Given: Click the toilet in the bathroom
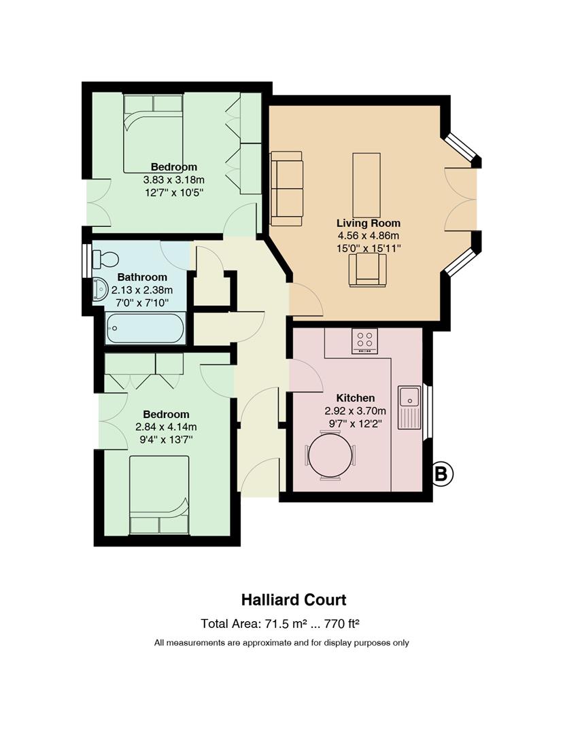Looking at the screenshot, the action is tap(105, 259).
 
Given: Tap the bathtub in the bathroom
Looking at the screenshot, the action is tap(146, 328).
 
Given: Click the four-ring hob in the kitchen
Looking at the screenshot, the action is tap(365, 340).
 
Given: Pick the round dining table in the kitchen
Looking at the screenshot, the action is tap(330, 455).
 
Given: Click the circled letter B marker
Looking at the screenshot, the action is tap(442, 474).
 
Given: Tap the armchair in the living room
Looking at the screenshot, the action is tap(368, 270).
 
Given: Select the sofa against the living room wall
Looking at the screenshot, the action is tap(286, 189).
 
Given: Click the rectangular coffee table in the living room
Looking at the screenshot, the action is tap(366, 185).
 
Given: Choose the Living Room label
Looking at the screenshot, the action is tap(369, 224).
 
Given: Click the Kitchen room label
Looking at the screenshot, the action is tap(356, 398).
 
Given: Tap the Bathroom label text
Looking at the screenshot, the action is tap(142, 277).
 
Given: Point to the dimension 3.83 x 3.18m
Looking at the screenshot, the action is tap(174, 179).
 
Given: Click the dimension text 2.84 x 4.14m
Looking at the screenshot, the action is tap(166, 427).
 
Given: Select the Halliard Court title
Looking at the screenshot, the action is tap(294, 599).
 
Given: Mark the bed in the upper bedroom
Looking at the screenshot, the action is tap(153, 134).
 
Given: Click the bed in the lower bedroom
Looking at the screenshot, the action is tap(159, 495).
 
